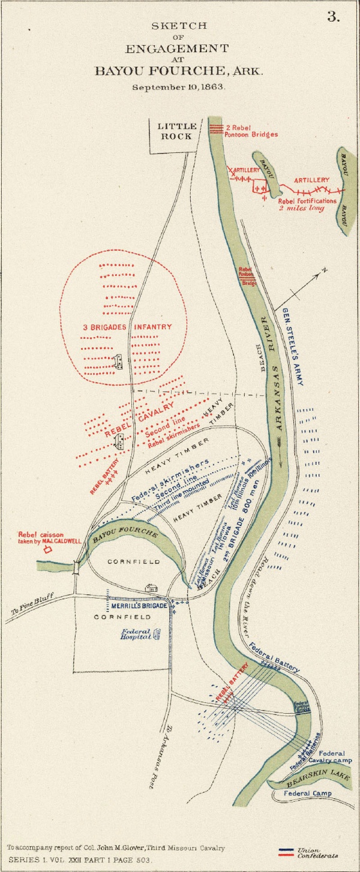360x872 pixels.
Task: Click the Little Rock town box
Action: pyautogui.click(x=177, y=131)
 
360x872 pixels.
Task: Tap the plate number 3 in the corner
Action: pyautogui.click(x=333, y=17)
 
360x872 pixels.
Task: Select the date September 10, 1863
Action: pyautogui.click(x=179, y=86)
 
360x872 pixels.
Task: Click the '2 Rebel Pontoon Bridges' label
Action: pyautogui.click(x=251, y=131)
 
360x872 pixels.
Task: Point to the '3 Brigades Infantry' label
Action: pyautogui.click(x=127, y=327)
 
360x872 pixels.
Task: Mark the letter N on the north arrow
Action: pyautogui.click(x=325, y=270)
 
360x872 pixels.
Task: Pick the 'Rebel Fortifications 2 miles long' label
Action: pyautogui.click(x=307, y=205)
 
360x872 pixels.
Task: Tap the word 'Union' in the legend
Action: pyautogui.click(x=310, y=849)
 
